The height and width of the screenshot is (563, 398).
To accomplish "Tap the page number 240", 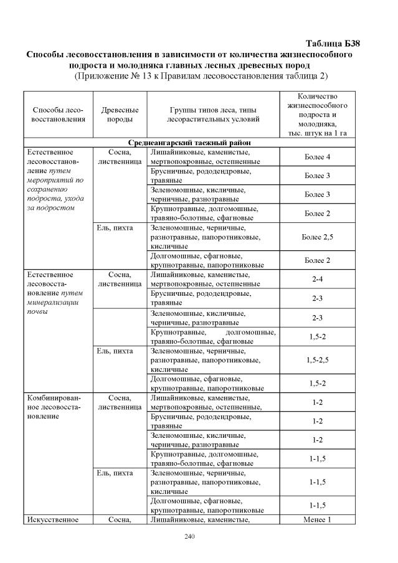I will click(189, 536).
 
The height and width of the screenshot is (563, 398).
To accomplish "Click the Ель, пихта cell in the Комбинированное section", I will click(115, 473).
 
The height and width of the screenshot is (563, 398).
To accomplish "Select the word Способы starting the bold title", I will click(46, 54).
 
